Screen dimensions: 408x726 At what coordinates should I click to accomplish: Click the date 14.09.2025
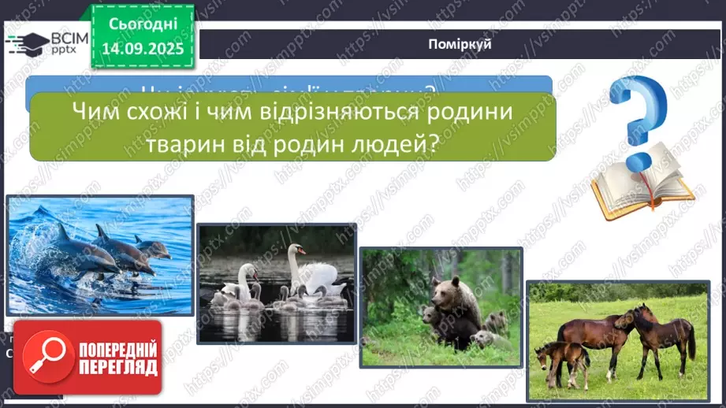click(143, 49)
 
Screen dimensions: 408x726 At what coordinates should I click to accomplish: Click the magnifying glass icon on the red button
click(45, 355)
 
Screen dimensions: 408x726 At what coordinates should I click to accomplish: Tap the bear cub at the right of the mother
click(494, 321)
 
